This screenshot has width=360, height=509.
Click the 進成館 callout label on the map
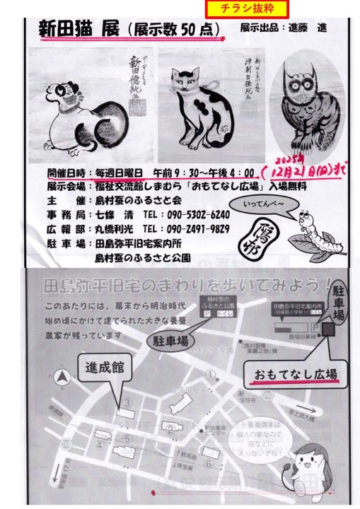[x=104, y=368]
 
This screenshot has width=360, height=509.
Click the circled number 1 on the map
[x=209, y=373]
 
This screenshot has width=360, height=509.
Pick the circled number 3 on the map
[x=127, y=403]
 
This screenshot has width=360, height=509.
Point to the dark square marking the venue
[x=327, y=330]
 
